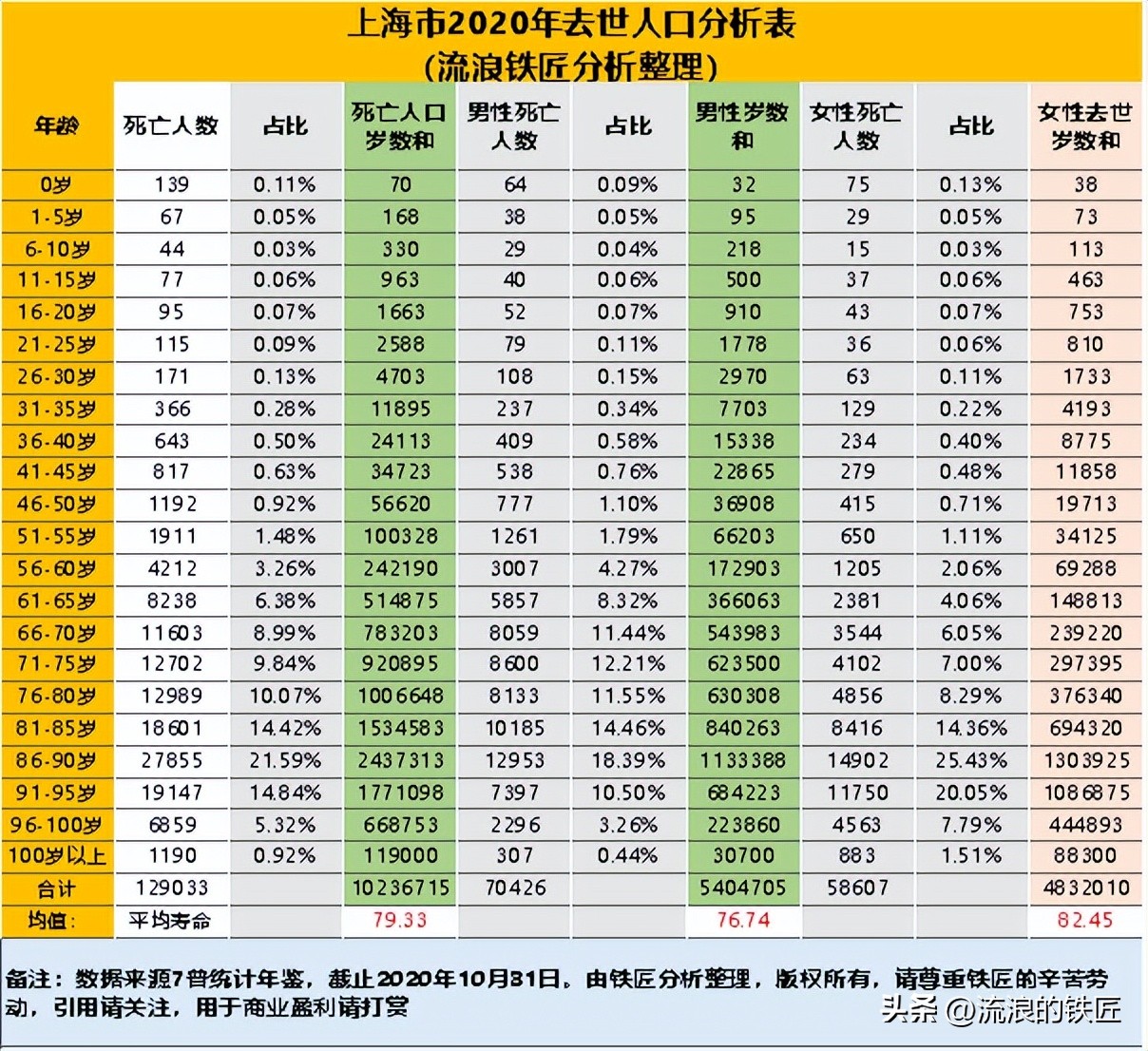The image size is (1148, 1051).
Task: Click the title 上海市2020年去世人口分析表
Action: (571, 24)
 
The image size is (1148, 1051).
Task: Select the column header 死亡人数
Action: (171, 125)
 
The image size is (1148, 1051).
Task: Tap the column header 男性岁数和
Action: (742, 125)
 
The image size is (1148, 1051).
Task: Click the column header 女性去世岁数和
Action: (1085, 125)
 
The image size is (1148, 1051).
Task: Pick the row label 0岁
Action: (57, 184)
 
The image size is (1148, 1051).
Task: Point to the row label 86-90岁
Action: (57, 760)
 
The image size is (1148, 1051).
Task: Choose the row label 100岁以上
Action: (57, 855)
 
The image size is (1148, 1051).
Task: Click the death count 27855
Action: (171, 760)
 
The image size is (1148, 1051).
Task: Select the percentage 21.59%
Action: (285, 760)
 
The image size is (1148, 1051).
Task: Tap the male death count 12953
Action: (514, 760)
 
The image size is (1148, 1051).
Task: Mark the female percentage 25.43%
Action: (970, 760)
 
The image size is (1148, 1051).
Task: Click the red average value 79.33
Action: (400, 920)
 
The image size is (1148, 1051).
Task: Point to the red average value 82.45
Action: (1085, 920)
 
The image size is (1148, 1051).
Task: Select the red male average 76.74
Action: (742, 920)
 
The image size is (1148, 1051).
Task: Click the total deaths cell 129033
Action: (171, 888)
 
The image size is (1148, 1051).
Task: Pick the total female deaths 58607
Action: (857, 888)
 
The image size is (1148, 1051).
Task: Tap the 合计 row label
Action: (57, 889)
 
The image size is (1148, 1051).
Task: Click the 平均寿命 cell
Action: (171, 920)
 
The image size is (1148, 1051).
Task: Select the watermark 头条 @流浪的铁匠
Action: (1002, 1009)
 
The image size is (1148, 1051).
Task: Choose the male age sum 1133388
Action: (742, 760)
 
